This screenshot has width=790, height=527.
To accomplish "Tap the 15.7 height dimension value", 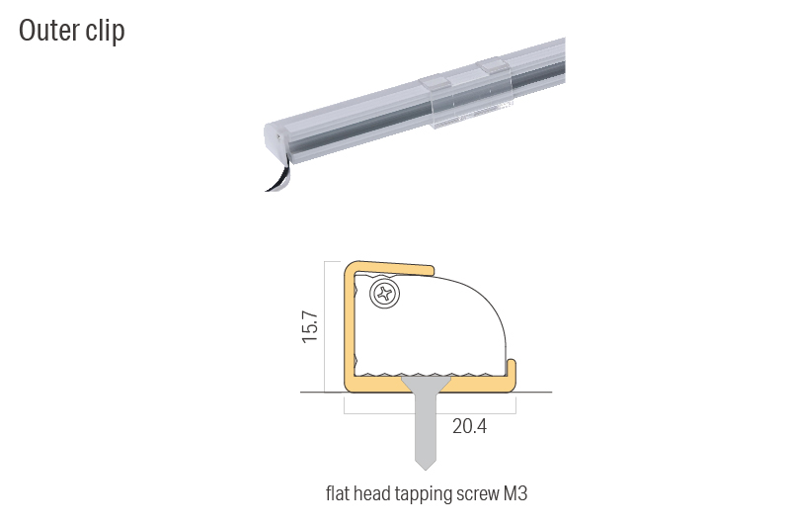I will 310,327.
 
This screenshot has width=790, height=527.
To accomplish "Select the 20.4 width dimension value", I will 469,426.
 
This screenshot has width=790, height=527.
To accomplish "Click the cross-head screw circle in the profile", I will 383,294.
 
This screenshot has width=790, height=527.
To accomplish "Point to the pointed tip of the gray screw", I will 426,466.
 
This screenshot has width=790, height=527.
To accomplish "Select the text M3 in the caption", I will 514,492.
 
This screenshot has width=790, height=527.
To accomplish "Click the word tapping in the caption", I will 422,492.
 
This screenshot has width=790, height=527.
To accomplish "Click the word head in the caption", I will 376,492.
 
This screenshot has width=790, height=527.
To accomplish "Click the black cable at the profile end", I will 279,179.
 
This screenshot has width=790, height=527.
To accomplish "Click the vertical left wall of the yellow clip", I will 350,326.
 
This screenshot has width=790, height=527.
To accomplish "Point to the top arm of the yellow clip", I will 390,266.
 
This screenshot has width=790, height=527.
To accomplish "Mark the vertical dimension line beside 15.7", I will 325,326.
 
